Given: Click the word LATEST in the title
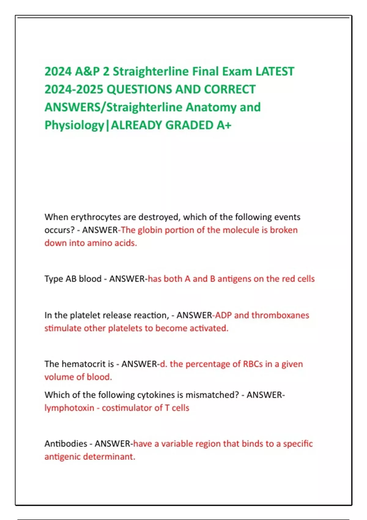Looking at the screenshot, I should tap(275, 72).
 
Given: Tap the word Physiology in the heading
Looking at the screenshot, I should tap(74, 125).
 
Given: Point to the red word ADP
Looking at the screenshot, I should tap(223, 315).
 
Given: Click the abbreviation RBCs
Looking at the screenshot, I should tap(253, 364).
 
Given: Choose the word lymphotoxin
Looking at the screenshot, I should tap(69, 408).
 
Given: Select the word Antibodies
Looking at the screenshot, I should tap(66, 444).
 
